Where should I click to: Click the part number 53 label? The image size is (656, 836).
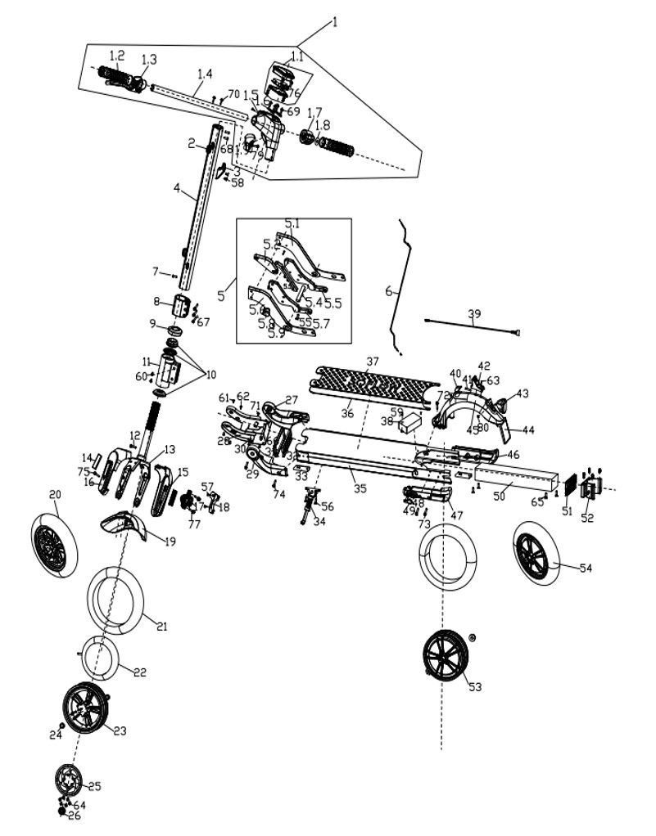coord(475,687)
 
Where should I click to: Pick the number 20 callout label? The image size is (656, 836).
coord(56,494)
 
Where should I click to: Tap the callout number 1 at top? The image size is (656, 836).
coord(335,23)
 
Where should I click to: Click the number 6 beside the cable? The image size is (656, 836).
coord(389,291)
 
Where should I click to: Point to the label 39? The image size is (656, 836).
coord(474,314)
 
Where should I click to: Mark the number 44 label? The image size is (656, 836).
coord(528,430)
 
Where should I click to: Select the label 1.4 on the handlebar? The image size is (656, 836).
coord(204,74)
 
